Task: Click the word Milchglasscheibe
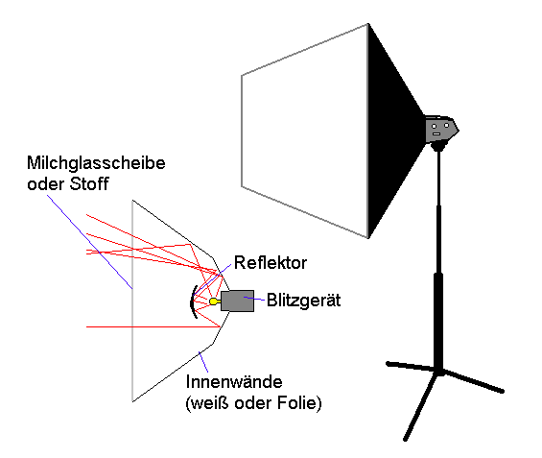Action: [96, 163]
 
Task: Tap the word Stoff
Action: [89, 183]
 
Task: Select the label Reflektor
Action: [271, 263]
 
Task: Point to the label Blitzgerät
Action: [303, 301]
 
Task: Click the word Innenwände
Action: [234, 382]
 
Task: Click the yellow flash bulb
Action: [214, 301]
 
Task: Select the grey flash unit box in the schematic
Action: [237, 301]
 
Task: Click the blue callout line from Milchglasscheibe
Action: [90, 242]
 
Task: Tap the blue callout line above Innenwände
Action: [203, 362]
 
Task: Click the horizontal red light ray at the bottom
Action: [153, 326]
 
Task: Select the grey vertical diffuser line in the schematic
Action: [132, 301]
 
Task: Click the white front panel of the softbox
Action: [304, 131]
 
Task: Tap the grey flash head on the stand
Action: [441, 130]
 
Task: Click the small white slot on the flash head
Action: [436, 133]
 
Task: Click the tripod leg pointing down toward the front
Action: [420, 406]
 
